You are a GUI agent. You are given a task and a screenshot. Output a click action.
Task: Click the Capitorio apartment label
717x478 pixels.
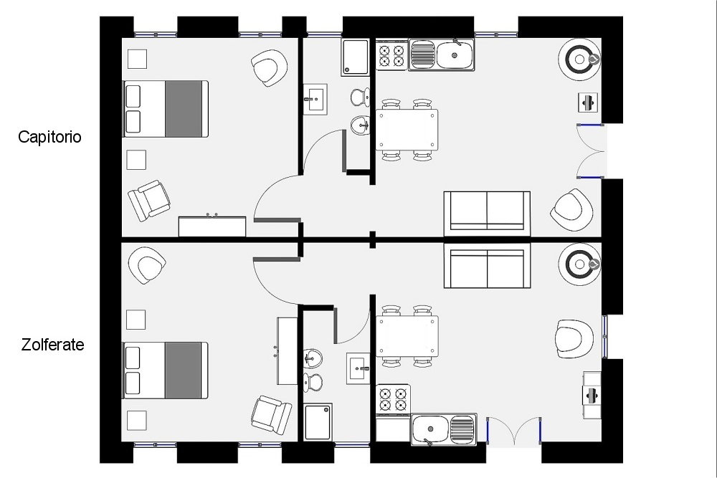[x=49, y=137]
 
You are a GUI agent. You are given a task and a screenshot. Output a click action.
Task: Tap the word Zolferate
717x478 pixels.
[x=52, y=345]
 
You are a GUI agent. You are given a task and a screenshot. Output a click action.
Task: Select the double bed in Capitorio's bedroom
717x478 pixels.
[x=166, y=109]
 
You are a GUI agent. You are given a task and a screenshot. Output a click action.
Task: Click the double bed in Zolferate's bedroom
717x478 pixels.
[x=165, y=371]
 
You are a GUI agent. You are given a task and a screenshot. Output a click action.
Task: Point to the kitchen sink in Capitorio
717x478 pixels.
[x=441, y=54]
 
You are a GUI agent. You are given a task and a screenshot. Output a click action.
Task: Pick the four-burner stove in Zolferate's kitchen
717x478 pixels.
[x=393, y=399]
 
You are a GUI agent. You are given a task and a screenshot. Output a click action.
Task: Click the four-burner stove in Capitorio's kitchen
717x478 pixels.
[x=391, y=55]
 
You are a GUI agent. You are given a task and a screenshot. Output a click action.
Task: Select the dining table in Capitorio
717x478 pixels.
[x=407, y=130]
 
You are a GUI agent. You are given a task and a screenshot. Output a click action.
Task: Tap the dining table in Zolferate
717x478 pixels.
[x=407, y=336]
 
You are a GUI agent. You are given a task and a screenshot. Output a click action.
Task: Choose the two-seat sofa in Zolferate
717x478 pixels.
[x=487, y=265]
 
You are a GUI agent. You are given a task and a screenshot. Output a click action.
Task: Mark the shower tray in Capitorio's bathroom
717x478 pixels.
[x=355, y=57]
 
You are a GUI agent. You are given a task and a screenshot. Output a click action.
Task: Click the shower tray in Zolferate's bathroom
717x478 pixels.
[x=318, y=421]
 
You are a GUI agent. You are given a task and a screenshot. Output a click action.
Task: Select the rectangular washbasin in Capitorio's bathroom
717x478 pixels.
[x=315, y=99]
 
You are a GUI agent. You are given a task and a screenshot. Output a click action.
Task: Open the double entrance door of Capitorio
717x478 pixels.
[x=590, y=150]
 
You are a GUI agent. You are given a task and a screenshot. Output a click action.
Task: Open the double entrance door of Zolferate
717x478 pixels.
[x=514, y=431]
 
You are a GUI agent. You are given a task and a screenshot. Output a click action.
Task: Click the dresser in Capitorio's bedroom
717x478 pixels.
[x=212, y=226]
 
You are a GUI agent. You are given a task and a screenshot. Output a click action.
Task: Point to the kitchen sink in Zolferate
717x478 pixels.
[x=444, y=429]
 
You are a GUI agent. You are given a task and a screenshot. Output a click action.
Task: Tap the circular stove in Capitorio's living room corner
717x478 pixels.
[x=579, y=59]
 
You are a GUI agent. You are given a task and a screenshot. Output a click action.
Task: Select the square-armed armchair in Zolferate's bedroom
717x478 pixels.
[x=271, y=414]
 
